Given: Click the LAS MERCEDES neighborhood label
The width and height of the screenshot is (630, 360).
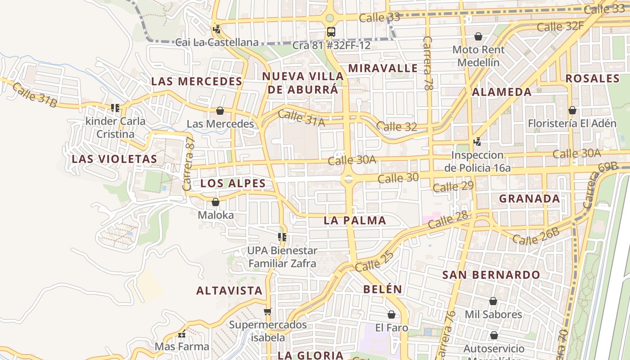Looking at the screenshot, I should [197, 81].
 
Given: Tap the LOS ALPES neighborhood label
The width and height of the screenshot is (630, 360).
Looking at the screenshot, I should [233, 184].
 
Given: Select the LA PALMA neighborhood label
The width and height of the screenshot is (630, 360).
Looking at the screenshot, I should [355, 220].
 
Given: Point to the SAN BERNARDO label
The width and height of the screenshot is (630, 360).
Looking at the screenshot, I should [491, 275].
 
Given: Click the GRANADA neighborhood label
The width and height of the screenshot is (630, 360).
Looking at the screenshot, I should [529, 198].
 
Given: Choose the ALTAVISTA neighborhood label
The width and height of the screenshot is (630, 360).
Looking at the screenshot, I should [229, 291].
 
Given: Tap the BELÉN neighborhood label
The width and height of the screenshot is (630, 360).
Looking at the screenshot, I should [382, 289].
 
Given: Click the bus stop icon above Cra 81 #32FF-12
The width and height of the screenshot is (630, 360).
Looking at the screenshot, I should [331, 31].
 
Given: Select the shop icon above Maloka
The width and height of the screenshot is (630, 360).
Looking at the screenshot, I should [216, 202].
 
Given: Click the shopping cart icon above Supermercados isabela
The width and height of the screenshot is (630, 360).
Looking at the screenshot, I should [268, 311].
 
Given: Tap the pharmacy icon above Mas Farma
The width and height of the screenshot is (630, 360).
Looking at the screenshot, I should [182, 334].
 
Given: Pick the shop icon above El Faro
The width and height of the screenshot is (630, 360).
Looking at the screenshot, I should [391, 315].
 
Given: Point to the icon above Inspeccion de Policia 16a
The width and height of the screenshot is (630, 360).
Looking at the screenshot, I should [477, 142].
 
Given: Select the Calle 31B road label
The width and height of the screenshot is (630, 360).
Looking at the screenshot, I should [35, 95].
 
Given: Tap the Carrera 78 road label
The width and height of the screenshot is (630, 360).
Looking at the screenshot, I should [427, 63].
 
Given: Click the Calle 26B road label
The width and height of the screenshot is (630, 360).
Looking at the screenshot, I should [536, 236].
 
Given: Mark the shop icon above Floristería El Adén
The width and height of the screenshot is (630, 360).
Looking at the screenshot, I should [572, 110].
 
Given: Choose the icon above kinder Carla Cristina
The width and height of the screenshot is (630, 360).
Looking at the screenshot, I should [115, 108].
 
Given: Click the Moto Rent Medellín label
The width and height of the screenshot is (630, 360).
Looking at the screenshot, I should [478, 56].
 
